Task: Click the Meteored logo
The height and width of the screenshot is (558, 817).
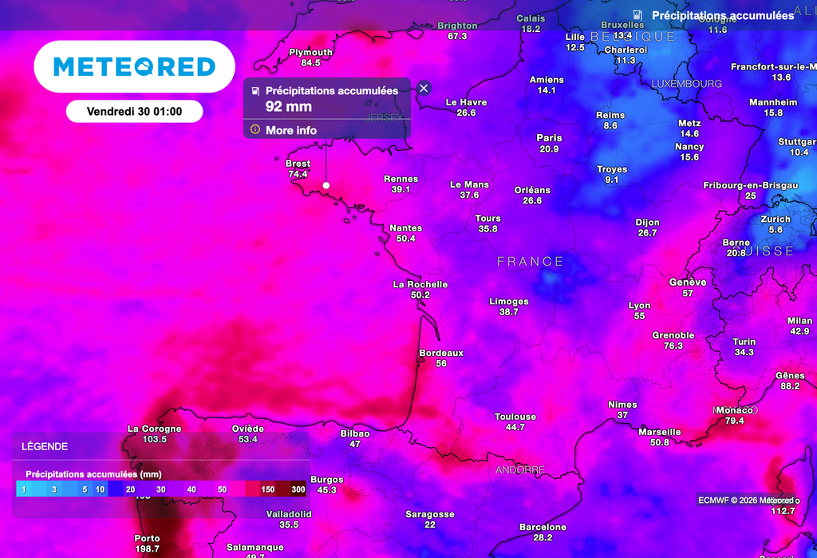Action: (x=134, y=66)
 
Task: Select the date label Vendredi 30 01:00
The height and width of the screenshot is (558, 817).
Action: (x=134, y=112)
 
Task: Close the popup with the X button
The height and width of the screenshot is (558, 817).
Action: (x=424, y=88)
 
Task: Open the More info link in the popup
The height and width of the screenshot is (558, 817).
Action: (x=290, y=130)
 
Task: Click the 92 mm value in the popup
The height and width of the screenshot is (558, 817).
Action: (x=289, y=106)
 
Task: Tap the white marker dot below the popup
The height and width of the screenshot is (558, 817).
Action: (x=326, y=185)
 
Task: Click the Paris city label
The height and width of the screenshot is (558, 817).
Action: (x=549, y=138)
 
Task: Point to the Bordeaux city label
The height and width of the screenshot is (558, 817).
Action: (x=441, y=353)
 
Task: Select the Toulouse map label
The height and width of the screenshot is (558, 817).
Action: (x=515, y=417)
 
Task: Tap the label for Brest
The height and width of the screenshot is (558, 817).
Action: (x=298, y=164)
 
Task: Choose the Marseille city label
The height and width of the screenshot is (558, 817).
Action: (x=659, y=432)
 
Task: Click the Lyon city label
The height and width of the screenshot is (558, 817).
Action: (x=639, y=306)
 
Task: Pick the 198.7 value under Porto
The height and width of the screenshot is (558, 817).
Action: (x=147, y=549)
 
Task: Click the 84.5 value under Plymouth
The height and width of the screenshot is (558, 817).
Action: (x=310, y=63)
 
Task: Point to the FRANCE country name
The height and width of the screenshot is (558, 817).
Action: (x=530, y=262)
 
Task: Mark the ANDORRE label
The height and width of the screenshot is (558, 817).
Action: (x=520, y=470)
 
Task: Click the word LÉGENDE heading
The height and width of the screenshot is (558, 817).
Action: (x=45, y=446)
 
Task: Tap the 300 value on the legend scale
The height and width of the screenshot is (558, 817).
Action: (x=298, y=489)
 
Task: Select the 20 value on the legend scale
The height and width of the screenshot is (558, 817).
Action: (x=131, y=489)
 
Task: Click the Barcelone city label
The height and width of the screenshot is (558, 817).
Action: (x=543, y=527)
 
